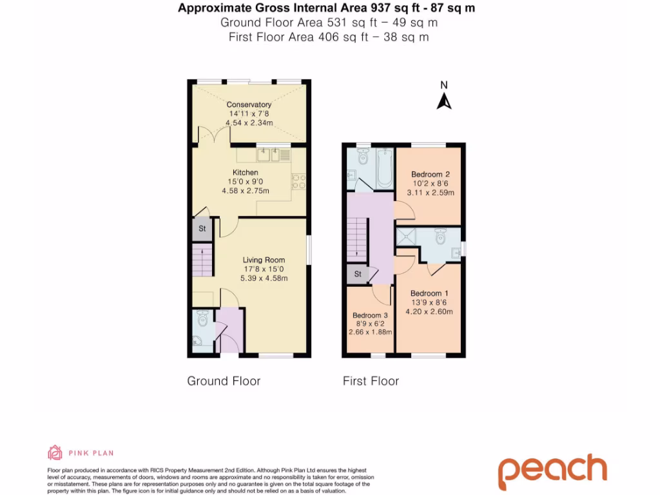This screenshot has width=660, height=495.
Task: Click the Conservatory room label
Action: tap(249, 104)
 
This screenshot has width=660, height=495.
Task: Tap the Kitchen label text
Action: tap(246, 173)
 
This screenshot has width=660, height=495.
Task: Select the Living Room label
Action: tap(264, 260)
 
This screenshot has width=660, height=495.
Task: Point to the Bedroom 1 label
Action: tap(426, 293)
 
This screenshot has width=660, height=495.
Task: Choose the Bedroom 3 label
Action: tap(370, 315)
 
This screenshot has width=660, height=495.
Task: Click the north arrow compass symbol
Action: tap(443, 99)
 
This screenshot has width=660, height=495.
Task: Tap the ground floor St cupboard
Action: tap(202, 229)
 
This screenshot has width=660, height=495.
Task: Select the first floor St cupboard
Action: tap(356, 275)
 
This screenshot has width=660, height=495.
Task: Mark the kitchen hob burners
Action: tap(298, 182)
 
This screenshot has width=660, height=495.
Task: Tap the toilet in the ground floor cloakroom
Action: tap(202, 318)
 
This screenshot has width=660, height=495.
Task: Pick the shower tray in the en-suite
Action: tap(406, 237)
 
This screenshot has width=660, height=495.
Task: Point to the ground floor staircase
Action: tap(202, 261)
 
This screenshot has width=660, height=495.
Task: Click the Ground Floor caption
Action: tap(224, 381)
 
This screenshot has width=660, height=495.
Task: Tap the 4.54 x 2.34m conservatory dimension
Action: tap(249, 122)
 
